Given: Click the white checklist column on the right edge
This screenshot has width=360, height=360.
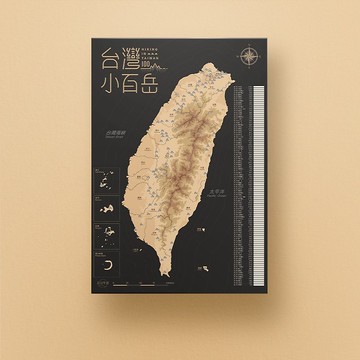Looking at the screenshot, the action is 258,180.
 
